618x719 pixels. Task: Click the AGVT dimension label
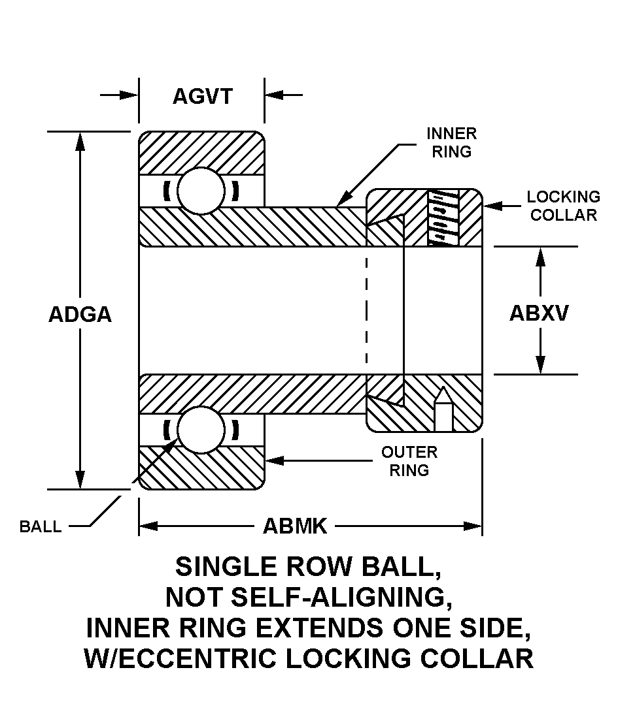click(202, 97)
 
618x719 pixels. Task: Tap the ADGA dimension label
click(80, 314)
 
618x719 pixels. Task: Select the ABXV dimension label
click(539, 313)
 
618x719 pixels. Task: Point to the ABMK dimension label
click(294, 526)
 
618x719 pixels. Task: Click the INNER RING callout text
click(451, 142)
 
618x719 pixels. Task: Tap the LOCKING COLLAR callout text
click(563, 206)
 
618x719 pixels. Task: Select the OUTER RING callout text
click(409, 460)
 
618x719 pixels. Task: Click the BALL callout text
click(41, 527)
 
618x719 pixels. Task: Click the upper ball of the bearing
click(201, 191)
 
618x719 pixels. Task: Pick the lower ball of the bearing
click(201, 430)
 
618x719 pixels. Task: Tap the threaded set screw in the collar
click(443, 218)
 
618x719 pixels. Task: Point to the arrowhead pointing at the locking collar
click(491, 206)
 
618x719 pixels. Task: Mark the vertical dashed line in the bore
click(366, 310)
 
